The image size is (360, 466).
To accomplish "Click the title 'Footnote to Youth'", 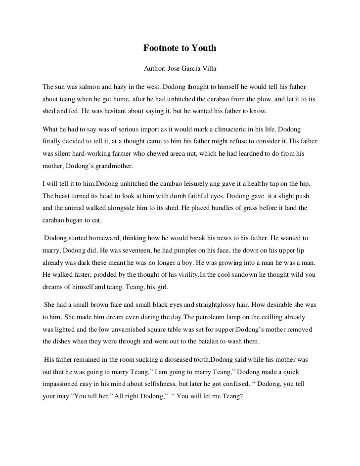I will tap(180, 48).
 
